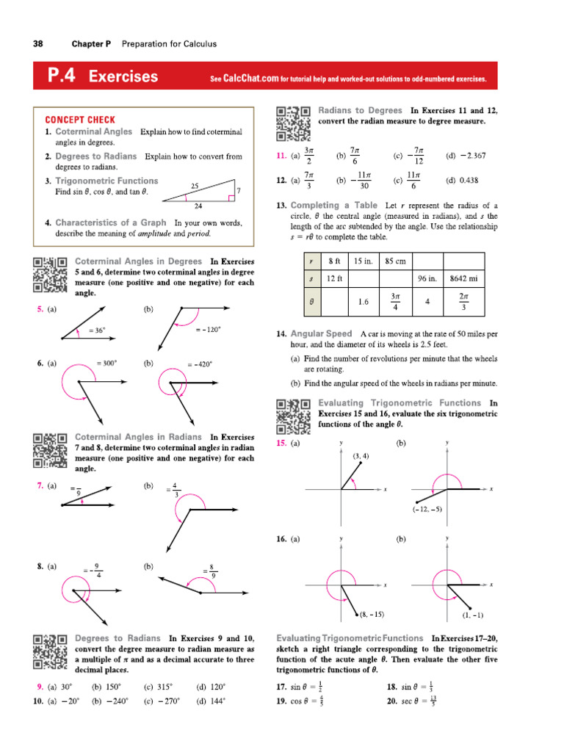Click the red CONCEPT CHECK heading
[80, 120]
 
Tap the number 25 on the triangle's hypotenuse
[195, 186]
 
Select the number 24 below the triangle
[198, 206]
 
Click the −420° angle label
[200, 364]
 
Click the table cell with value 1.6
[363, 302]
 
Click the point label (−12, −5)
[427, 509]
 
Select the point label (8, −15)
[372, 614]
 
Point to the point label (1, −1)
[472, 615]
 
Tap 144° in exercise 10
[211, 701]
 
